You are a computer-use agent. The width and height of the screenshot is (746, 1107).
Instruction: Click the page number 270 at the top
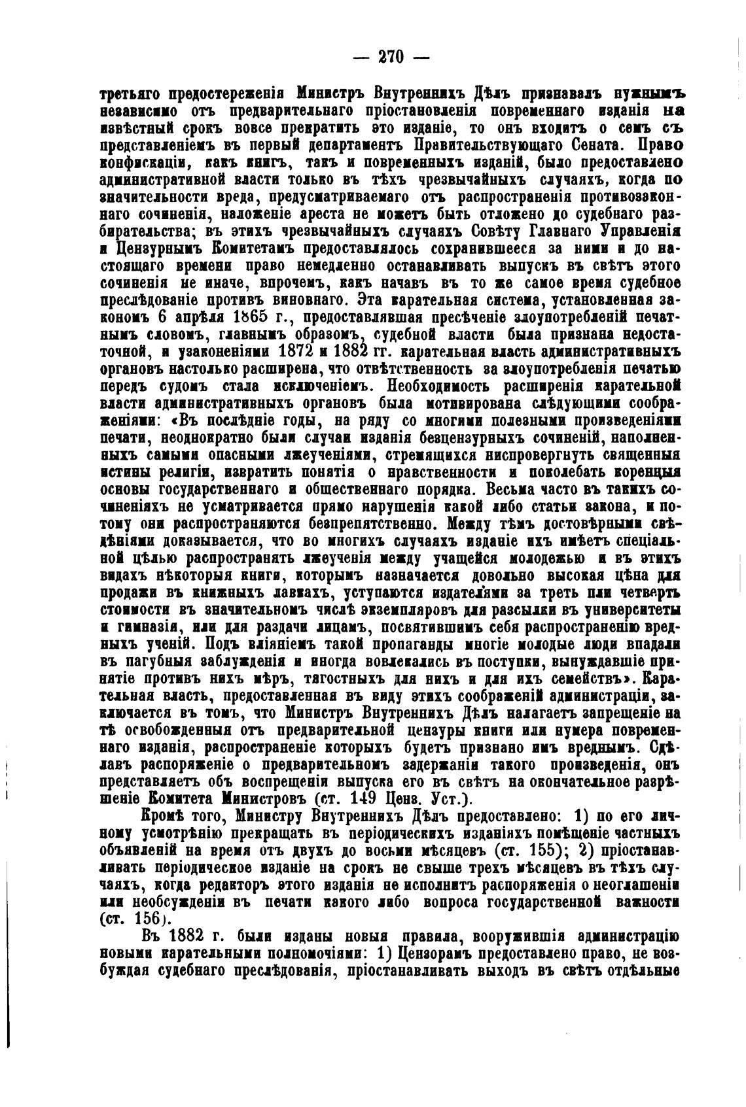tap(391, 56)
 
